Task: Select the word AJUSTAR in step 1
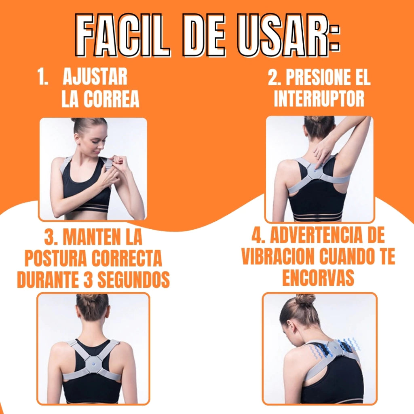(x=95, y=76)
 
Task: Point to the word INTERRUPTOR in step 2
(x=319, y=99)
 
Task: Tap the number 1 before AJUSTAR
(x=42, y=76)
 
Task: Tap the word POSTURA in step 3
(x=56, y=258)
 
